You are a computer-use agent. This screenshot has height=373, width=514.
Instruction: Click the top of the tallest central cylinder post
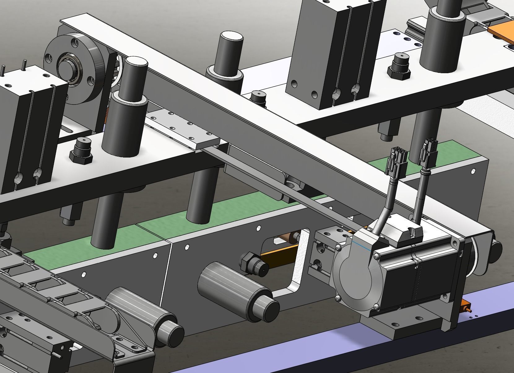(x=231, y=37)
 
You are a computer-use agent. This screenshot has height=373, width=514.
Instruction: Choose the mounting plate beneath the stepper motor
(x=403, y=329)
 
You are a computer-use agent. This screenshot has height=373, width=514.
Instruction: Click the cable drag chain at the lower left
(x=46, y=298)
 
